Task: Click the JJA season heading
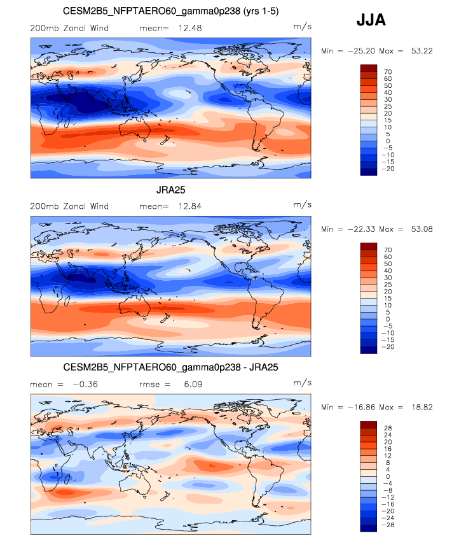tap(371, 21)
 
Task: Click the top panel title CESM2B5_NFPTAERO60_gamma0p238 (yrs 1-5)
tap(170, 12)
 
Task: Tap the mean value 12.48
tap(184, 28)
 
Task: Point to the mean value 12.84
tap(184, 206)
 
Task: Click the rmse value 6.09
tap(184, 384)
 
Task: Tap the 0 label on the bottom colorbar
tap(387, 477)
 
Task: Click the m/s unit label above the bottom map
tap(302, 383)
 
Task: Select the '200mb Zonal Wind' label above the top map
tap(69, 28)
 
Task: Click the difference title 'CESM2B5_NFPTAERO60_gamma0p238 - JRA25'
tap(170, 368)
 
